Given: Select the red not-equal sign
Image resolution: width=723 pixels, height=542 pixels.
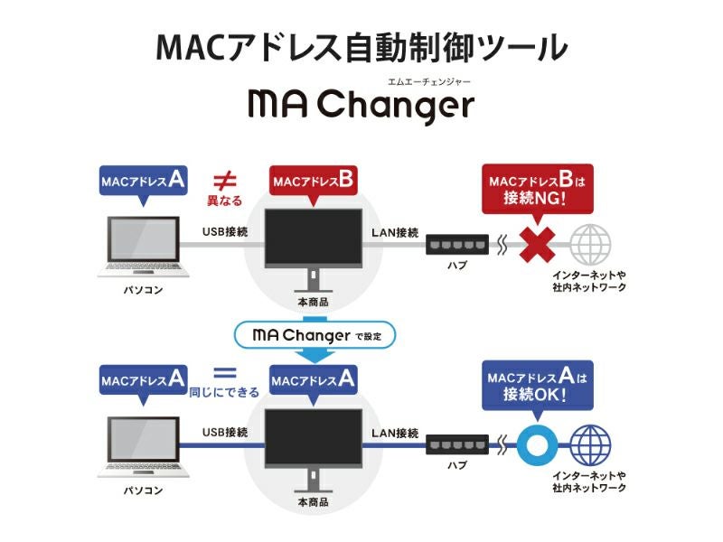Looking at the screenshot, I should coord(224,178).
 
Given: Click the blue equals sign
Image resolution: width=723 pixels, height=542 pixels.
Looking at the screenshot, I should coord(224,372).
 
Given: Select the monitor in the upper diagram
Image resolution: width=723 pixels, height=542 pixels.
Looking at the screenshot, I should coord(313,237).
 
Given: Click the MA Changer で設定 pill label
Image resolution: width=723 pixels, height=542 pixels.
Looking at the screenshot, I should coord(313,335).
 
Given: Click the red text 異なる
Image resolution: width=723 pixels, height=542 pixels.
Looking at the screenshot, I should coord(225,199).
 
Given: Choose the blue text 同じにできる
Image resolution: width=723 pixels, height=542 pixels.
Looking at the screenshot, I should coord(224,392).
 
